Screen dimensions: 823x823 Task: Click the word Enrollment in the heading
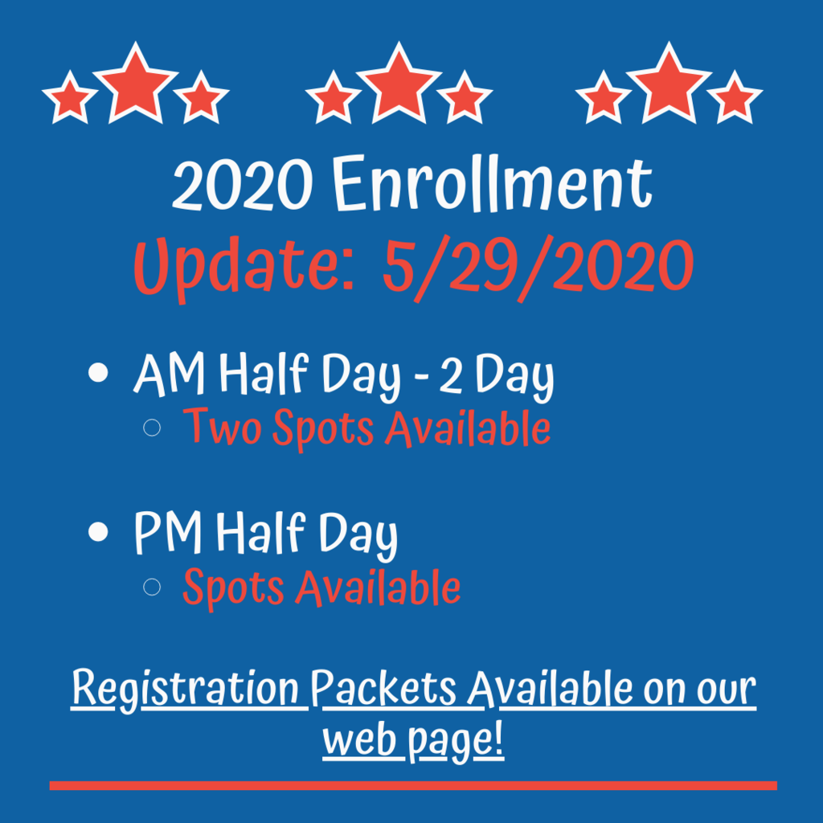pyautogui.click(x=492, y=184)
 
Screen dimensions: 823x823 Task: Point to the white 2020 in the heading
pyautogui.click(x=243, y=185)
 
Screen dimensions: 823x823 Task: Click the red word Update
pyautogui.click(x=244, y=268)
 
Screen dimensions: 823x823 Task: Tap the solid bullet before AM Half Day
pyautogui.click(x=98, y=373)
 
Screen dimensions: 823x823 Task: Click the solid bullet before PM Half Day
pyautogui.click(x=98, y=531)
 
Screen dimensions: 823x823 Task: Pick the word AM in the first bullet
pyautogui.click(x=169, y=374)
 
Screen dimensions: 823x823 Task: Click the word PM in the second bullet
pyautogui.click(x=168, y=532)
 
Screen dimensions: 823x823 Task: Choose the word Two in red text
pyautogui.click(x=222, y=428)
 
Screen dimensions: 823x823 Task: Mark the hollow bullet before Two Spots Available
pyautogui.click(x=152, y=428)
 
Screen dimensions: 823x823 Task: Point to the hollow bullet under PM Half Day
pyautogui.click(x=152, y=586)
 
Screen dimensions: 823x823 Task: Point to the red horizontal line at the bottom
pyautogui.click(x=413, y=785)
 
